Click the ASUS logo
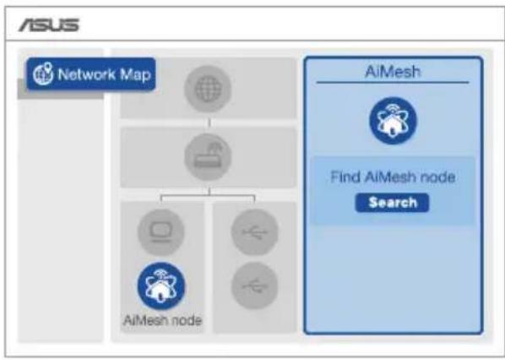pyautogui.click(x=49, y=25)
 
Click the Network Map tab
pyautogui.click(x=91, y=74)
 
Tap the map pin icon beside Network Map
pyautogui.click(x=43, y=74)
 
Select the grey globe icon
pyautogui.click(x=208, y=89)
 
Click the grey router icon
pyautogui.click(x=208, y=157)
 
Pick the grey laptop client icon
pyautogui.click(x=161, y=232)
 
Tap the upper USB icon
pyautogui.click(x=254, y=232)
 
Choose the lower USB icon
pyautogui.click(x=254, y=286)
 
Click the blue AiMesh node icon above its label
pyautogui.click(x=161, y=286)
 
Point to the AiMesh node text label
pyautogui.click(x=163, y=320)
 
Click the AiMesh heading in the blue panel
pyautogui.click(x=393, y=72)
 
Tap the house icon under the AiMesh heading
pyautogui.click(x=393, y=121)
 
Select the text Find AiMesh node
pyautogui.click(x=393, y=177)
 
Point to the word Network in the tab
pyautogui.click(x=86, y=74)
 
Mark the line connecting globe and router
pyautogui.click(x=209, y=123)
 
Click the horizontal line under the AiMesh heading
pyautogui.click(x=393, y=83)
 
